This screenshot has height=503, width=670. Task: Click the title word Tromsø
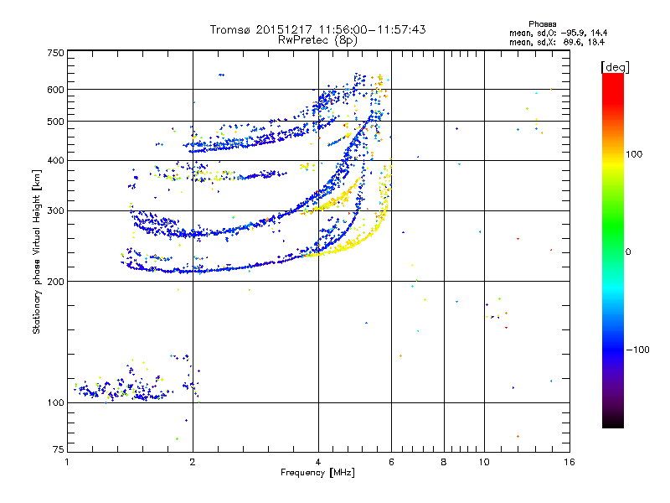[232, 29]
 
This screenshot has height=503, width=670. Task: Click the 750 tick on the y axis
[55, 53]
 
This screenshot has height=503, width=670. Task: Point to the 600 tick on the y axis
[55, 90]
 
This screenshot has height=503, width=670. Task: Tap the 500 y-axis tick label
[55, 122]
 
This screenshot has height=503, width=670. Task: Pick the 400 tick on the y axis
[55, 161]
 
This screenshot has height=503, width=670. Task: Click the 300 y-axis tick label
[55, 211]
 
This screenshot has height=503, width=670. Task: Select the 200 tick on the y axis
[55, 282]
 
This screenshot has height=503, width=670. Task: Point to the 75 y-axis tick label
[57, 451]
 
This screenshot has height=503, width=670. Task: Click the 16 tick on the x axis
[569, 462]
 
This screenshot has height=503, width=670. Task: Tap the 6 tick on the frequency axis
[392, 462]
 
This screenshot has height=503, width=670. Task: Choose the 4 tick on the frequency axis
[318, 462]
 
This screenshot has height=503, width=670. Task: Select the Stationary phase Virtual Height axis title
[37, 251]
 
